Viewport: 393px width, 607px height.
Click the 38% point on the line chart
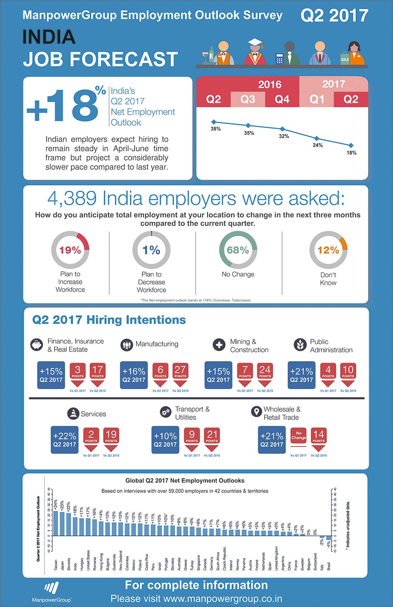214,122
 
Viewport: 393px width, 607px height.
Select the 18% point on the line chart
351,145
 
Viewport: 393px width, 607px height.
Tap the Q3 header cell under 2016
248,100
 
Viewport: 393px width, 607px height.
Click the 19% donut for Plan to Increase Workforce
70,250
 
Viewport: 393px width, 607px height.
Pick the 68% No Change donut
238,250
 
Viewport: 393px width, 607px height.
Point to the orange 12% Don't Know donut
328,250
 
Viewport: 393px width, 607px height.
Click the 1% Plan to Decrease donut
151,250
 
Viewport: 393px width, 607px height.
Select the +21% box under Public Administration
301,375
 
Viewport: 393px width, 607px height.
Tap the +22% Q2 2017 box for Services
65,440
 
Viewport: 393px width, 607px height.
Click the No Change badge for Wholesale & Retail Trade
299,436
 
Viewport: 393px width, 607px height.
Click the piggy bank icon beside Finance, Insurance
37,345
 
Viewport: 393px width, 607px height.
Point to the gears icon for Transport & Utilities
165,412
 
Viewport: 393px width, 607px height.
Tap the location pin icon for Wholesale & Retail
256,412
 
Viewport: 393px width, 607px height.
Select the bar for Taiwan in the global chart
55,523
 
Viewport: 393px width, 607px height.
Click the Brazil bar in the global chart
328,538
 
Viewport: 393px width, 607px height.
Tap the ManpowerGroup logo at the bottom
52,591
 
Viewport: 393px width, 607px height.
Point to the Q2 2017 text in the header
334,16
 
